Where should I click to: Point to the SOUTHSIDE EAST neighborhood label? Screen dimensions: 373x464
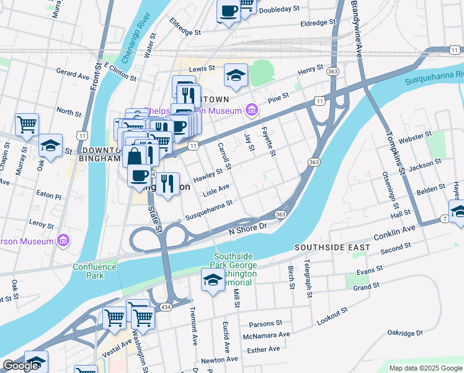(332, 247)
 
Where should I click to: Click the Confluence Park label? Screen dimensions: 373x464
(94, 271)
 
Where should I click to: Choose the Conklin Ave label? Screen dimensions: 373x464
(394, 233)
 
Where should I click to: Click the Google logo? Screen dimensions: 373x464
(20, 366)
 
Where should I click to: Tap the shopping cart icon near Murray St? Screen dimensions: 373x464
(27, 124)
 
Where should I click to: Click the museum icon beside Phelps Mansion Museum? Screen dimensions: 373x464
(251, 111)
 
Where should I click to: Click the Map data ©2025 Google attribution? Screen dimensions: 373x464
(425, 368)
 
